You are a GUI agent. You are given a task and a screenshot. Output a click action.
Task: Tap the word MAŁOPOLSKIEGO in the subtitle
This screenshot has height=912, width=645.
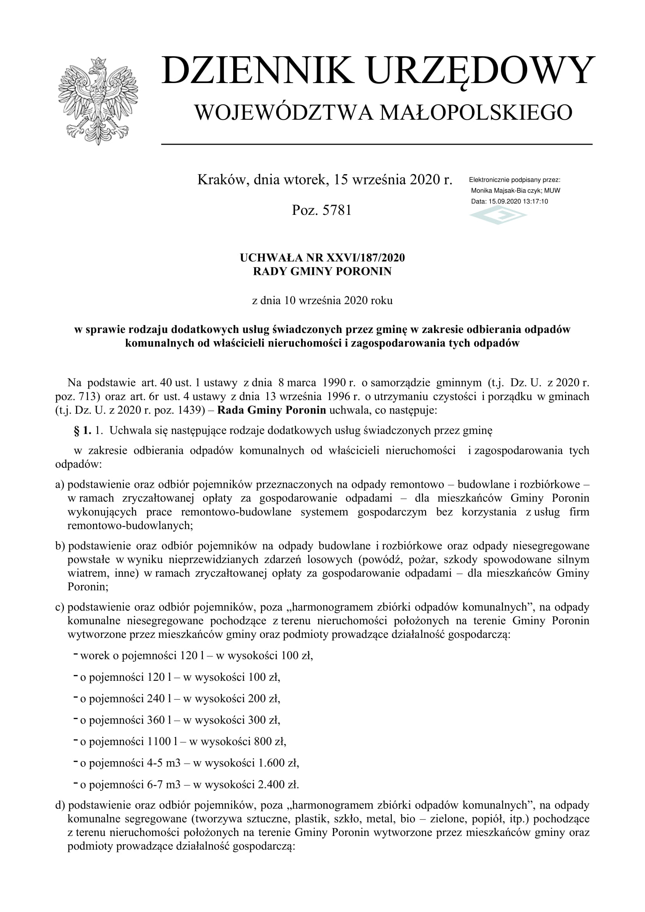coord(476,112)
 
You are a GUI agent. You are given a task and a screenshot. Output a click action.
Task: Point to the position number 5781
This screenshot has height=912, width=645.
coord(337,210)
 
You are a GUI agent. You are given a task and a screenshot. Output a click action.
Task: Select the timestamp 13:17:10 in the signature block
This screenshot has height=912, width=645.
coord(535,201)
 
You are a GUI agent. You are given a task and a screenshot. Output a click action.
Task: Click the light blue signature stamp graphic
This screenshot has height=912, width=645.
coord(498,216)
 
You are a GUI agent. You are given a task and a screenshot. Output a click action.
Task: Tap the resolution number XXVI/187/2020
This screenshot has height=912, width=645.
coord(365,258)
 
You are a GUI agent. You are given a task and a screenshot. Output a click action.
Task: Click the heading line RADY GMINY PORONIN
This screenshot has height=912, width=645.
coord(322,271)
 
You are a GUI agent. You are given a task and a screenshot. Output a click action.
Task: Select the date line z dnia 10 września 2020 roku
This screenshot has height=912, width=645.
coord(322,300)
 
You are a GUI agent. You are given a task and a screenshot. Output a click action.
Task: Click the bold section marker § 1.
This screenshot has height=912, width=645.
coord(83,430)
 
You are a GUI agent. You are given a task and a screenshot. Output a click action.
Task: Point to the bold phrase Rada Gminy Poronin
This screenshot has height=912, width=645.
coord(272,410)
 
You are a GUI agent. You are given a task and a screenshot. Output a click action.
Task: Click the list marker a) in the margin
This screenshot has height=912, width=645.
coord(60,485)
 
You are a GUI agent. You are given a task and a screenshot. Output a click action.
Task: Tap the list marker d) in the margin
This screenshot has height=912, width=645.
coord(60,805)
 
